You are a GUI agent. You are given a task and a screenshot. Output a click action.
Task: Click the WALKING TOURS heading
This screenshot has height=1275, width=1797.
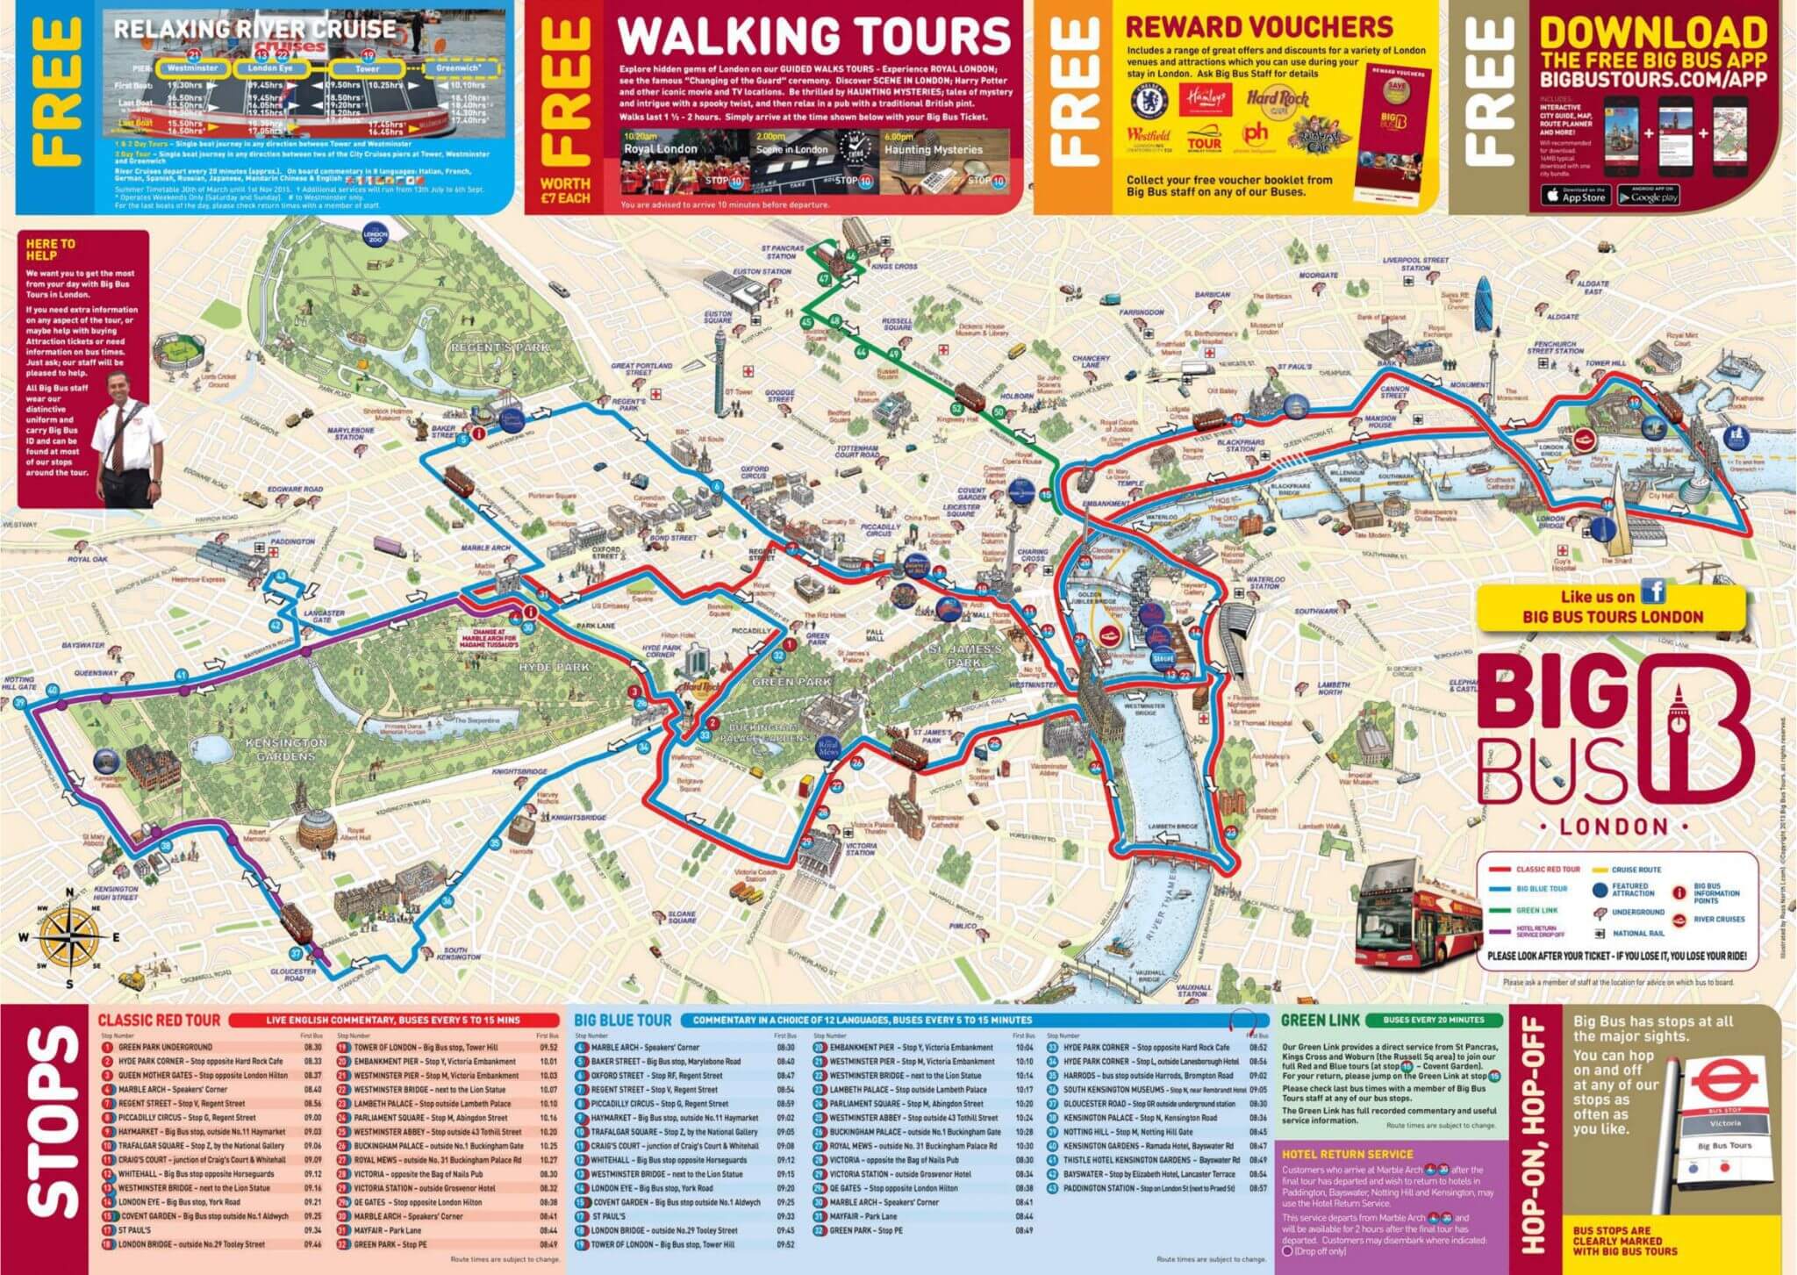click(x=814, y=36)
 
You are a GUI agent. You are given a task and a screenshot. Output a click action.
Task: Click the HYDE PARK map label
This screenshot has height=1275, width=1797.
click(x=555, y=668)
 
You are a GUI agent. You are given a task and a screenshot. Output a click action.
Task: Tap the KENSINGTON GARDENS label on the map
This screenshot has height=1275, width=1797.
click(x=286, y=749)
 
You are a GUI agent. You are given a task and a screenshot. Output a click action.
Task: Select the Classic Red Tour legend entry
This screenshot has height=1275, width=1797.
click(x=1547, y=869)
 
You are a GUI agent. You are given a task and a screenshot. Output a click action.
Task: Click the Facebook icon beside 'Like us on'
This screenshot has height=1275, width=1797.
click(x=1654, y=592)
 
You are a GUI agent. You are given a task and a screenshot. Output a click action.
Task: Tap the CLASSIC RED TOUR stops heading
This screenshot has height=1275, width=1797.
click(x=159, y=1021)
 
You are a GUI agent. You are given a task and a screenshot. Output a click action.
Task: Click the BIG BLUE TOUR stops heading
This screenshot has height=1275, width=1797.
click(x=623, y=1021)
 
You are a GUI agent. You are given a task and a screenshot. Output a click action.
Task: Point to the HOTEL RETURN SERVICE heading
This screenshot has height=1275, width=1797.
click(x=1347, y=1154)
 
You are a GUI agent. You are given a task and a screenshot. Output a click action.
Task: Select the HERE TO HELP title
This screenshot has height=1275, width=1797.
click(x=50, y=250)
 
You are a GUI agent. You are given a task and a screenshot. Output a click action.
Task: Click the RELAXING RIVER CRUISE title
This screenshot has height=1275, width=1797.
click(x=254, y=29)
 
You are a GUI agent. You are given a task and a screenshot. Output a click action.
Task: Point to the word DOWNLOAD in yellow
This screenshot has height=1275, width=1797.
click(x=1653, y=33)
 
